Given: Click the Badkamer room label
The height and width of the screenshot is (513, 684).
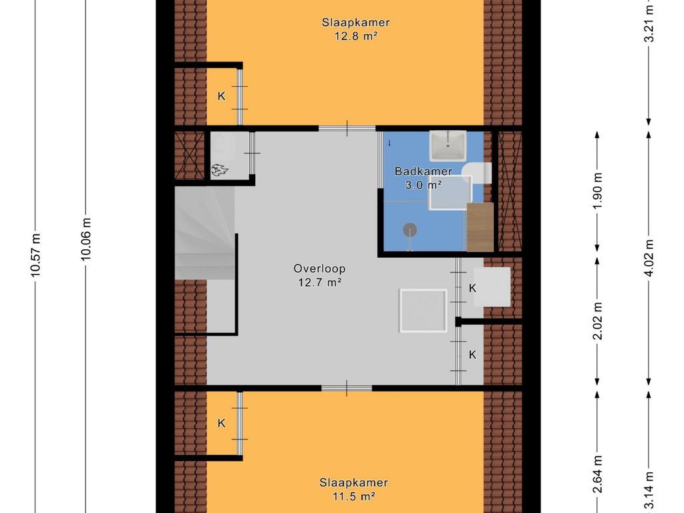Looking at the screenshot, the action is (423, 171).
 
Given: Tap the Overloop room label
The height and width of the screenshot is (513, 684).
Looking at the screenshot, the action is (319, 269).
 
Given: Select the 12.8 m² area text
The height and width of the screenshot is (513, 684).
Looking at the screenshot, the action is (355, 36).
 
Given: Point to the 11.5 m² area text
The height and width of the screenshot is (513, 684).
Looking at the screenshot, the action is (354, 496).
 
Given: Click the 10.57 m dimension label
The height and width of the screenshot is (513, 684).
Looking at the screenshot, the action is (35, 255).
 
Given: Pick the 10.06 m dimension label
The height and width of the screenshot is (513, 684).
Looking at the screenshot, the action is (86, 240).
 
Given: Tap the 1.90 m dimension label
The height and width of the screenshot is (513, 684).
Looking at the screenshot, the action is (598, 191).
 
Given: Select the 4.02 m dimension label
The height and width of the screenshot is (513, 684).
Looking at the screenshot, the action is (649, 258).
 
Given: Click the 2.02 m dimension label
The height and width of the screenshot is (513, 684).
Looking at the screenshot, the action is (598, 321).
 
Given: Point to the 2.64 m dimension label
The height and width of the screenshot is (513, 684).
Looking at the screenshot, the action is (598, 474).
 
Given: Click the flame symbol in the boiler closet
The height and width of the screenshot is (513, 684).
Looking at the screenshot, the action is (219, 170).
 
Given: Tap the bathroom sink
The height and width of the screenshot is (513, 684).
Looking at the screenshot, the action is (448, 146).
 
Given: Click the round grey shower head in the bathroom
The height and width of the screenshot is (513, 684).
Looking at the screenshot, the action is (409, 230).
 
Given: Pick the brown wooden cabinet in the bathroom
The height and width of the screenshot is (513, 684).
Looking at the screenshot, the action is (480, 227).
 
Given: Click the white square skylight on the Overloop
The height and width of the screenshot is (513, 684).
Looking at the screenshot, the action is (423, 311).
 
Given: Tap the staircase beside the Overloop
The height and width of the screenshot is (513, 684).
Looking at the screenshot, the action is (205, 233).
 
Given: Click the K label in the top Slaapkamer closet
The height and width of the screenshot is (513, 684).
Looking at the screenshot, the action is (222, 96).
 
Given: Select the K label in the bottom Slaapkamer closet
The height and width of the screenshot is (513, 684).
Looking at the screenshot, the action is (222, 423).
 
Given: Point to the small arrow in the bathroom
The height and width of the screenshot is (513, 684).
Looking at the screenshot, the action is (389, 143).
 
